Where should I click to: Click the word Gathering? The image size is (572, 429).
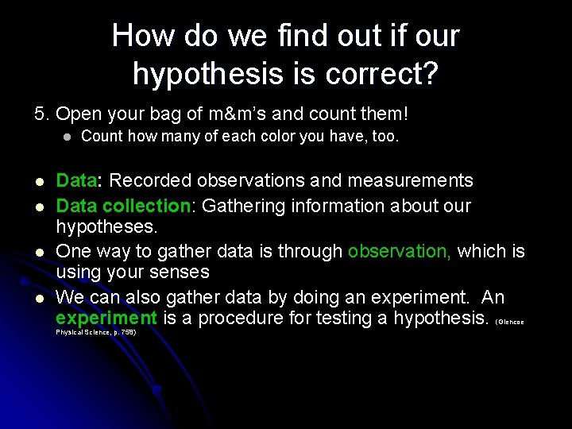pyautogui.click(x=242, y=206)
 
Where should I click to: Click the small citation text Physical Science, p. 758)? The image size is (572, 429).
pyautogui.click(x=95, y=332)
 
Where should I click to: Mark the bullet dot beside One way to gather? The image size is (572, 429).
pyautogui.click(x=38, y=252)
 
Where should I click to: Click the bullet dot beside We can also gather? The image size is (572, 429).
pyautogui.click(x=38, y=298)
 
